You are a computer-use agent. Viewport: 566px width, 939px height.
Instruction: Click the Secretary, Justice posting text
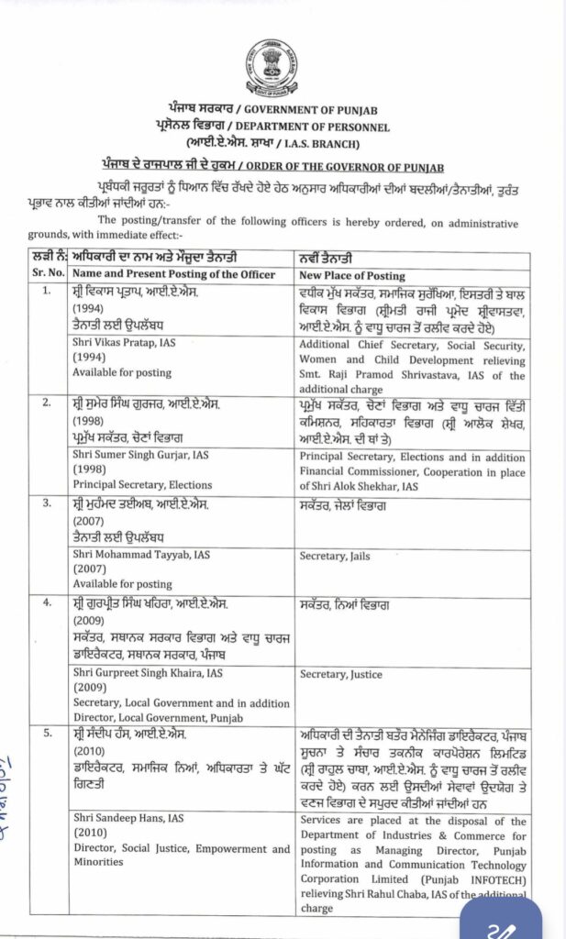tap(340, 674)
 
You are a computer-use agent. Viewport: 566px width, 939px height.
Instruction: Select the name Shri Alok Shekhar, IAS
tap(359, 486)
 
